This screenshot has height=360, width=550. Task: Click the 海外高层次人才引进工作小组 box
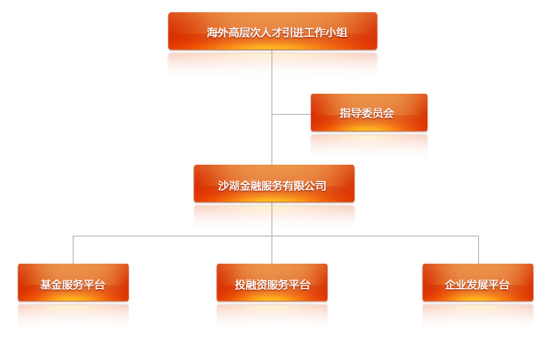(272, 32)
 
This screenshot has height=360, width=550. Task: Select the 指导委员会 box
(369, 113)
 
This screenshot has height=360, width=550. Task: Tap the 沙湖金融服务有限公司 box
(274, 184)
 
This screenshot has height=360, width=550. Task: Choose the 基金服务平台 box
(74, 282)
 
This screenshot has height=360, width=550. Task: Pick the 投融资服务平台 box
(272, 282)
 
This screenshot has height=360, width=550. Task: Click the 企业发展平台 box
(477, 282)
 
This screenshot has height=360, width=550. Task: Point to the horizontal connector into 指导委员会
(292, 114)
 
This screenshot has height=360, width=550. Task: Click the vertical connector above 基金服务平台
(73, 250)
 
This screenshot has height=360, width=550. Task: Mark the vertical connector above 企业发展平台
(478, 250)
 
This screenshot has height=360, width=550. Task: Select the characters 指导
(350, 113)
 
